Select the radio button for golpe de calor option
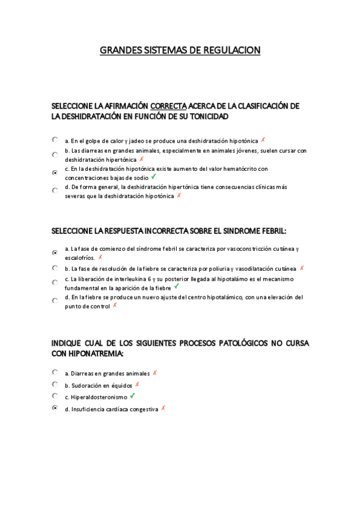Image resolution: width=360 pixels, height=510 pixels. click(x=55, y=140)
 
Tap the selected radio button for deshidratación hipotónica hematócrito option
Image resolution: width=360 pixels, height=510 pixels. click(x=55, y=173)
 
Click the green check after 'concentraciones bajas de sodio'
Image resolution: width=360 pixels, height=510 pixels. click(x=154, y=177)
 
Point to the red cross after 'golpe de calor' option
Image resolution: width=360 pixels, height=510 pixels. click(x=263, y=140)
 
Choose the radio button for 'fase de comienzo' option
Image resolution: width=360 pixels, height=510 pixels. click(x=55, y=252)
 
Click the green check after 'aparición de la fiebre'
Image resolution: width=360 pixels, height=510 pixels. click(x=177, y=287)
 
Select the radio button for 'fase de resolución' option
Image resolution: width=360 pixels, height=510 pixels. click(x=55, y=268)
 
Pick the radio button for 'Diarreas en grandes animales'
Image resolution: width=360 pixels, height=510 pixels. click(x=55, y=372)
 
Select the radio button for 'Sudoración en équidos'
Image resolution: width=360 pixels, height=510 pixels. click(x=55, y=384)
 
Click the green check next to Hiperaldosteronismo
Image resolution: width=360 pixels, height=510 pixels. click(x=132, y=396)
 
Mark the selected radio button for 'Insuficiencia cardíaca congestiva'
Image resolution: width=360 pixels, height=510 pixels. click(x=55, y=408)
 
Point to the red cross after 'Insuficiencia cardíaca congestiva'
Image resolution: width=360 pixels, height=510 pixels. click(x=163, y=408)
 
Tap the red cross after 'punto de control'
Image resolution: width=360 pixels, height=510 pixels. click(x=114, y=306)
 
